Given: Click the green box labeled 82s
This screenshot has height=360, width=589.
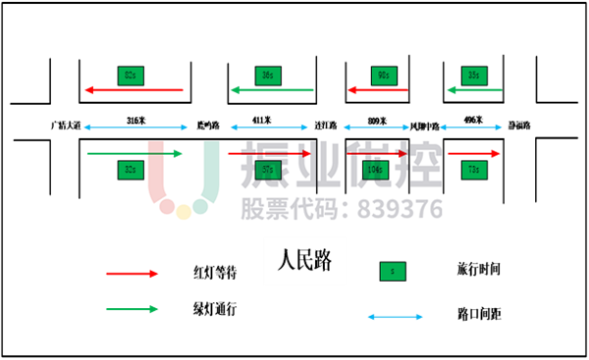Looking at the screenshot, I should point(131,76).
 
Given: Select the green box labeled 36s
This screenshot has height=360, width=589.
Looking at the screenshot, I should point(268,76).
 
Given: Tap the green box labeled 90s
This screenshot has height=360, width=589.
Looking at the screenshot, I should point(383,76).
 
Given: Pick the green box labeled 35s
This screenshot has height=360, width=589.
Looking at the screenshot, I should point(474,76).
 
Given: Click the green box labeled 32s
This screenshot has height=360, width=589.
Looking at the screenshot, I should point(131,170).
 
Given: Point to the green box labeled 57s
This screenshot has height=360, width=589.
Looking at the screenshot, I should point(268,170).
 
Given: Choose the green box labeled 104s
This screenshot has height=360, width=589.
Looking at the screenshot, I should point(375,170).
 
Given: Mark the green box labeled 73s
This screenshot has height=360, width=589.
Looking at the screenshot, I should point(474,170).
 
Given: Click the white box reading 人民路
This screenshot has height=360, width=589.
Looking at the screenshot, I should point(304,261).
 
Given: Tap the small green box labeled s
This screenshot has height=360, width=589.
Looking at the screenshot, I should point(393,272).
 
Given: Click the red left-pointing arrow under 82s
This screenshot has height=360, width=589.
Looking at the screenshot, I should point(134,90).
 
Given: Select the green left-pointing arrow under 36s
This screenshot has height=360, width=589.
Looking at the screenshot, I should point(272,90).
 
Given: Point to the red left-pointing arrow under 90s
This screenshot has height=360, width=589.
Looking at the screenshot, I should point(377,90).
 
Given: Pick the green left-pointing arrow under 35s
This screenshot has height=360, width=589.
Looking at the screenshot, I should point(474,90).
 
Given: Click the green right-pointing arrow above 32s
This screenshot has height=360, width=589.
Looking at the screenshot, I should point(134,153).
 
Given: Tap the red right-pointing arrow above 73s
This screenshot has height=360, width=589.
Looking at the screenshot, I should point(474,153).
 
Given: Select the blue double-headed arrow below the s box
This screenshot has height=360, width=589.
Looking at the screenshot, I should point(395,317).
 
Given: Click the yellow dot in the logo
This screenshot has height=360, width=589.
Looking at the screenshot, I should point(184,212).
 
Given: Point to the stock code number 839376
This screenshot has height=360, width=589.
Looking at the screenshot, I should point(400,209).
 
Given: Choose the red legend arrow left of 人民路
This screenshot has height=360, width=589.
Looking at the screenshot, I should point(132,274).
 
